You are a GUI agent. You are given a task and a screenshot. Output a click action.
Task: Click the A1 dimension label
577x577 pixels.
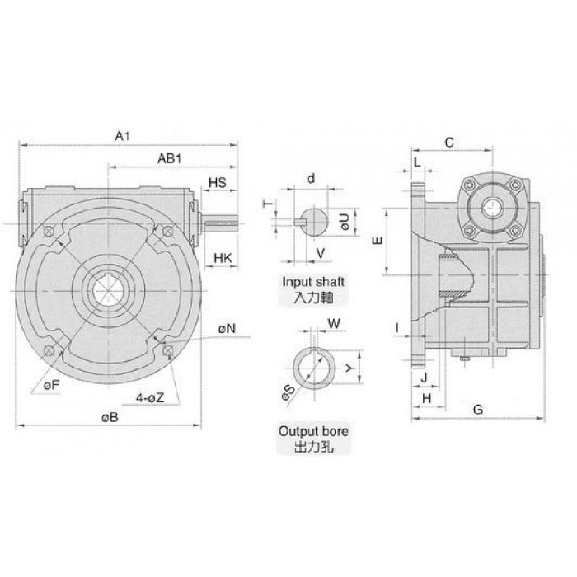[x=123, y=136]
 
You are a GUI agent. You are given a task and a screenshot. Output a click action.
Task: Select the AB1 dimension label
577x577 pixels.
[x=170, y=158]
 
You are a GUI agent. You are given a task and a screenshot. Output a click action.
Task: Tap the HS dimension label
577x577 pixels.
[x=218, y=182]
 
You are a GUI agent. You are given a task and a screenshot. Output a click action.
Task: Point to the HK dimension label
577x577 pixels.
[x=223, y=258]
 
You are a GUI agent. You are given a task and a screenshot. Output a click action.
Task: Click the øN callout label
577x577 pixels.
[x=227, y=329]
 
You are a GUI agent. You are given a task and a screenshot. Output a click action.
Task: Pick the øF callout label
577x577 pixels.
[x=51, y=385]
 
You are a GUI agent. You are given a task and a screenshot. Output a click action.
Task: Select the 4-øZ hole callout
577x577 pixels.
[x=150, y=398]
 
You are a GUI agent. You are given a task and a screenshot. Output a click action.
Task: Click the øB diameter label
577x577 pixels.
[x=110, y=417]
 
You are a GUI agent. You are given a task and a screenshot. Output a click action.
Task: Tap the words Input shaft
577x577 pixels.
[x=313, y=282]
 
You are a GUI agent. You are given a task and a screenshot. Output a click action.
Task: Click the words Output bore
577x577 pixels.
[x=313, y=431]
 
